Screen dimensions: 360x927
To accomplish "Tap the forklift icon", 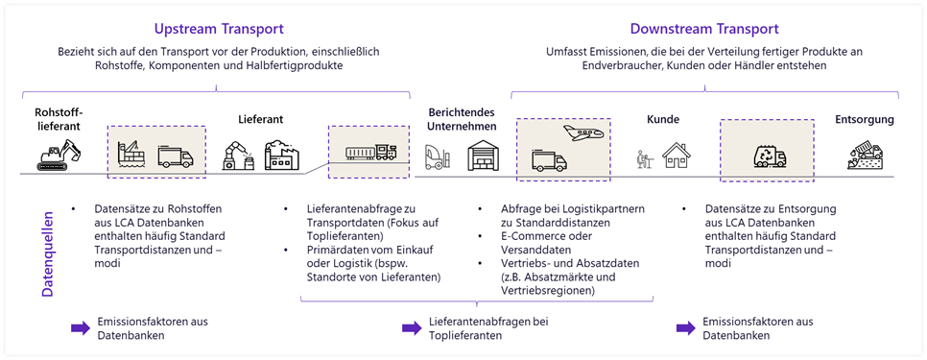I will pyautogui.click(x=438, y=156).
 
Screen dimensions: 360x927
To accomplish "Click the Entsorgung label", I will pyautogui.click(x=864, y=120).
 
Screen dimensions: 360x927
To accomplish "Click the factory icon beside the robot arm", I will pyautogui.click(x=282, y=155).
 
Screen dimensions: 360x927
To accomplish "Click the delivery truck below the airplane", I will pyautogui.click(x=547, y=158).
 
